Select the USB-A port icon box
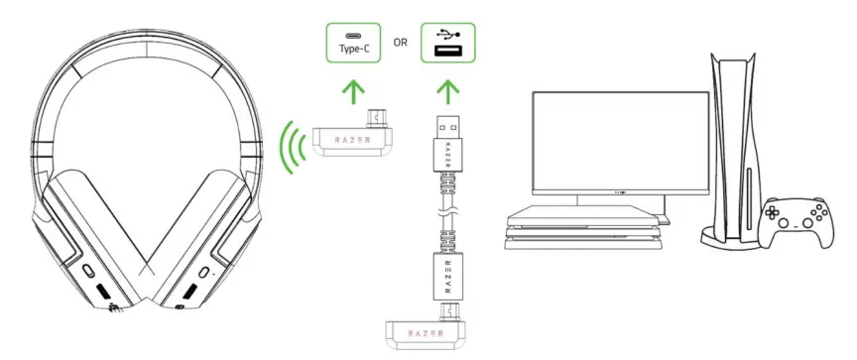tap(448, 43)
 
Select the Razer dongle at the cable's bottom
tap(428, 334)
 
